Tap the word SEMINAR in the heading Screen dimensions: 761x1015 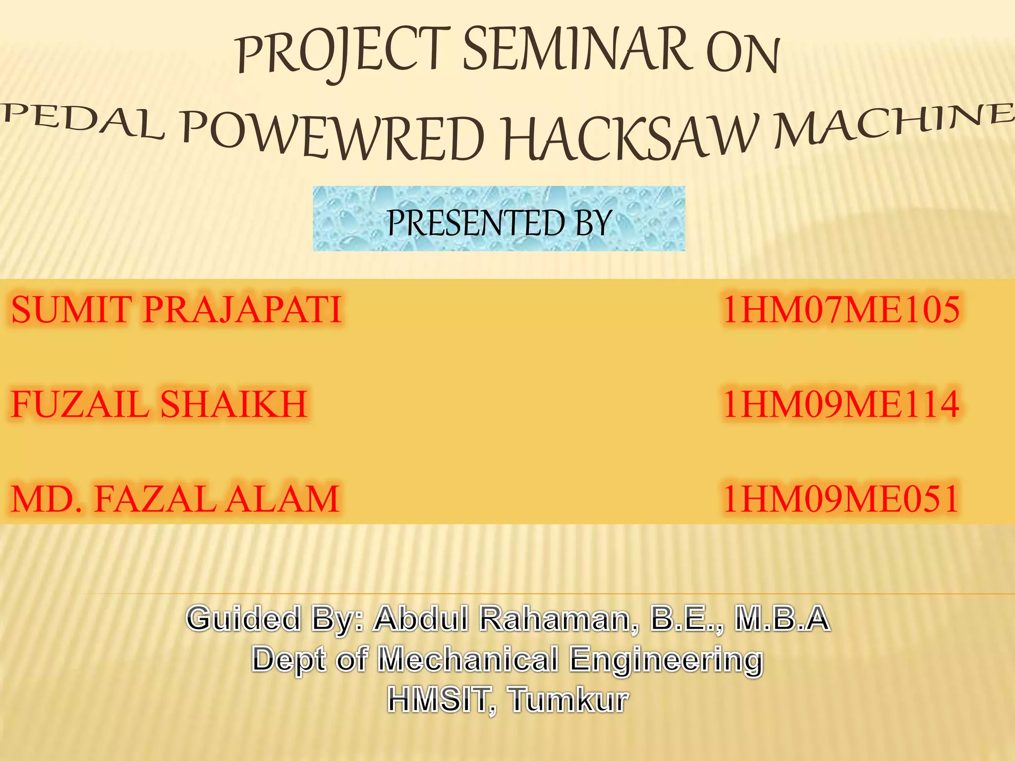(x=576, y=50)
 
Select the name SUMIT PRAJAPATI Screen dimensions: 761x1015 (x=176, y=310)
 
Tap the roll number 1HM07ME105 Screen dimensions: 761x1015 (x=841, y=310)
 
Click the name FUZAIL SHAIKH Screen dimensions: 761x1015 (x=159, y=404)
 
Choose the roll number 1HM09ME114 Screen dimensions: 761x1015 (x=841, y=404)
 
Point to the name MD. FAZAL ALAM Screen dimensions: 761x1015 (x=174, y=499)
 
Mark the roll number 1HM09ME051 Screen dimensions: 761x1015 (x=841, y=499)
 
